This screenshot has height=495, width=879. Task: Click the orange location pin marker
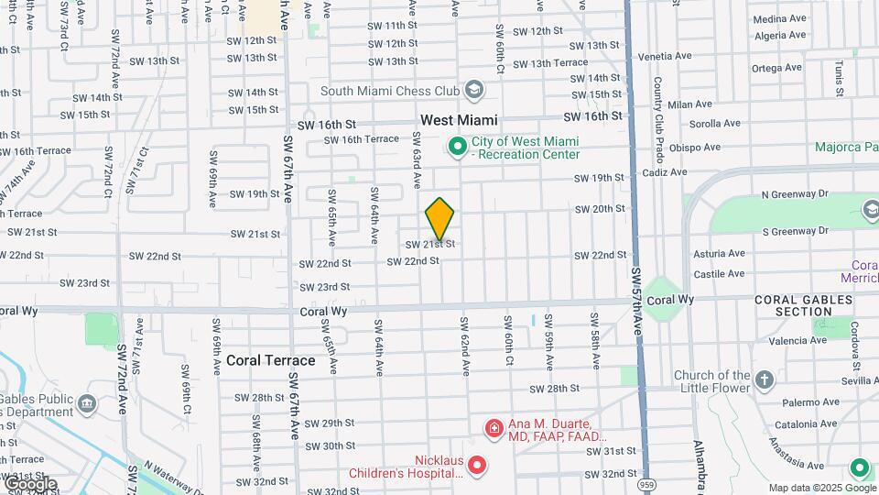pyautogui.click(x=440, y=219)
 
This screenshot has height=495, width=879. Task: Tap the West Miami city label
pyautogui.click(x=459, y=120)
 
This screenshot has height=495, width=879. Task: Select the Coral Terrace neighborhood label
pyautogui.click(x=270, y=360)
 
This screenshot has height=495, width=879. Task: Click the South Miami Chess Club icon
pyautogui.click(x=473, y=90)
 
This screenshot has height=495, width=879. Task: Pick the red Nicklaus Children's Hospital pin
pyautogui.click(x=476, y=467)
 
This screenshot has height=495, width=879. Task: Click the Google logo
pyautogui.click(x=29, y=483)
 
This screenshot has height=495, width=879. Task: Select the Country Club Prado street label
pyautogui.click(x=658, y=108)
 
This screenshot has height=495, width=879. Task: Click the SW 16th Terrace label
pyautogui.click(x=363, y=139)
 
